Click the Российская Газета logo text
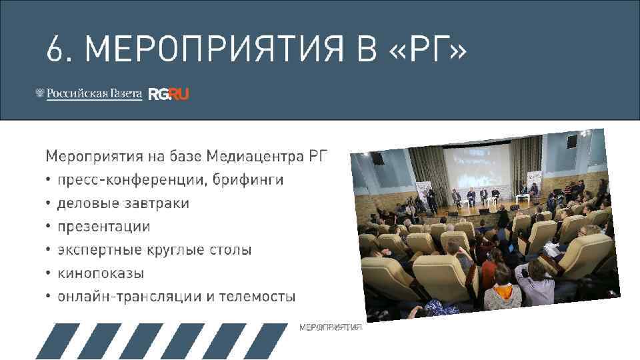(x=94, y=94)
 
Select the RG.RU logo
(x=169, y=94)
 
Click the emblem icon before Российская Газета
(x=39, y=94)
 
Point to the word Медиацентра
(x=255, y=157)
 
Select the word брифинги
(x=241, y=180)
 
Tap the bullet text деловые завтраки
(x=123, y=203)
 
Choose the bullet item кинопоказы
(x=100, y=273)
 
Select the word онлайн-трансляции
(x=129, y=297)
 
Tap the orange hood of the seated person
(x=505, y=291)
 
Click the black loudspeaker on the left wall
(x=377, y=159)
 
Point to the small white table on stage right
(x=515, y=199)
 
